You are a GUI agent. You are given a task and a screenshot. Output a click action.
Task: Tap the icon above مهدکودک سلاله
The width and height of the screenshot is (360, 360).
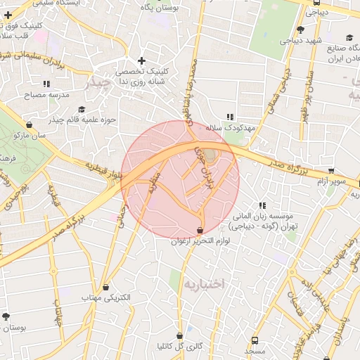pyautogui.click(x=229, y=117)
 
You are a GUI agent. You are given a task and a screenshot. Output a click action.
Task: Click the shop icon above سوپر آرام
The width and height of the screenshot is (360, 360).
pyautogui.click(x=331, y=170)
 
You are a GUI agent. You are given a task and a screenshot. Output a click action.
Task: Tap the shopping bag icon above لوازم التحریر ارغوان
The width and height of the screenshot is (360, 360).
pyautogui.click(x=200, y=230)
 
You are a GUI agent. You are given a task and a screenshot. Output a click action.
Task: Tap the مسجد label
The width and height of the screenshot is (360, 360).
pyautogui.click(x=255, y=350)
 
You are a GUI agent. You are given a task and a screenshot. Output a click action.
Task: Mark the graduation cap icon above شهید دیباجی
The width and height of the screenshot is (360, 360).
pyautogui.click(x=300, y=29)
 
